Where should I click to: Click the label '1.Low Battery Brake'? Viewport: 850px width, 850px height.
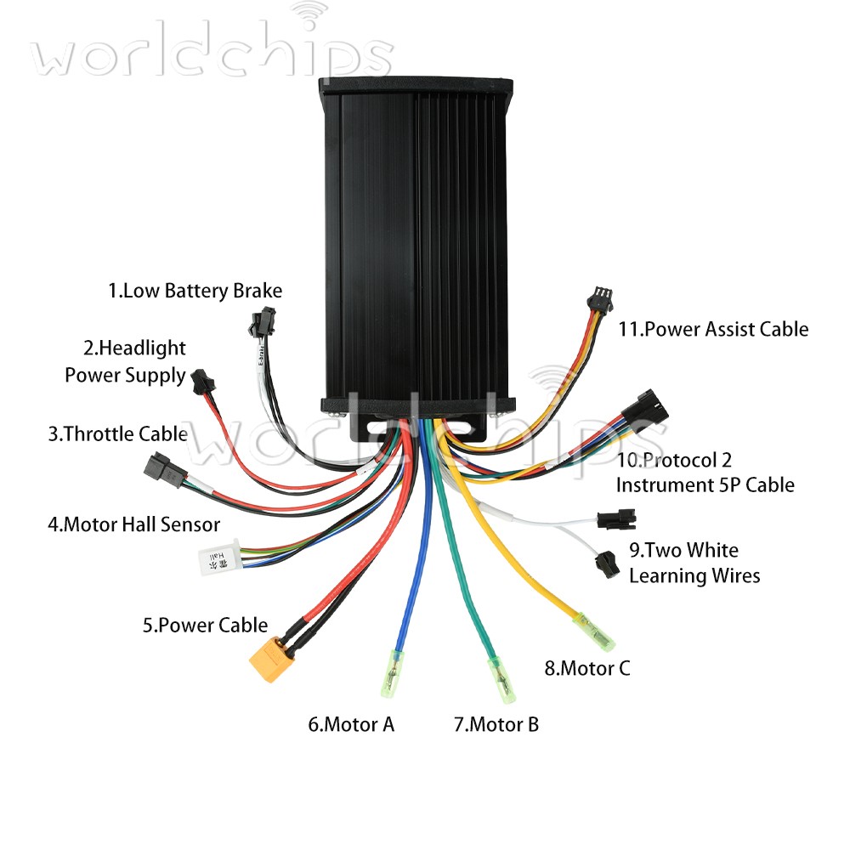195,291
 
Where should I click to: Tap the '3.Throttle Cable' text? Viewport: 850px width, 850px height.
118,434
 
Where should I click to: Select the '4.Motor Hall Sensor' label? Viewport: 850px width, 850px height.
134,524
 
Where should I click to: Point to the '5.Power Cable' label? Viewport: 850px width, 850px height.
205,626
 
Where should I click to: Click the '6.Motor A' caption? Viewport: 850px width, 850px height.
351,725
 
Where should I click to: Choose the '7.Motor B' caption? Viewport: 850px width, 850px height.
496,725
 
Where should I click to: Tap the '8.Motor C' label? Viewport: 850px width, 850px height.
587,668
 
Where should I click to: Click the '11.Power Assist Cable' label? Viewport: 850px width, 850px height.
713,330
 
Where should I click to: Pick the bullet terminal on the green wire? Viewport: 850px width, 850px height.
502,680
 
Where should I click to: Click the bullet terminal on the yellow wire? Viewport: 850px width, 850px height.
594,632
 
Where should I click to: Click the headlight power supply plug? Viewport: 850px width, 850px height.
203,382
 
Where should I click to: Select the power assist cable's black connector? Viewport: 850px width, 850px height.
600,299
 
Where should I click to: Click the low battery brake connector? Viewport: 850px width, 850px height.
263,321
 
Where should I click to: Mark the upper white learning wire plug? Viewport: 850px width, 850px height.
616,519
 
